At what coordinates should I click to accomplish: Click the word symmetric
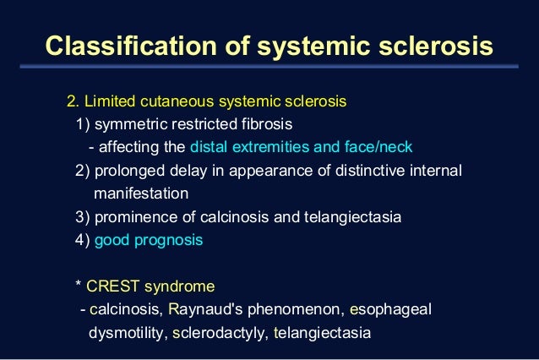(x=132, y=124)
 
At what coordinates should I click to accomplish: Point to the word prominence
(x=132, y=217)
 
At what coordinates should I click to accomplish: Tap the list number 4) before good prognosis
(x=82, y=240)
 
